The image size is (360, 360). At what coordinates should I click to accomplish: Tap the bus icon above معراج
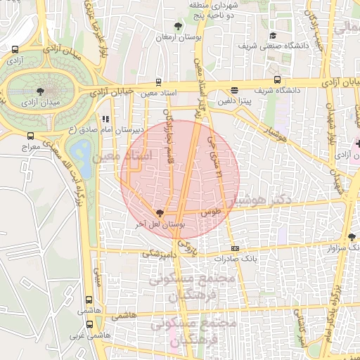30,136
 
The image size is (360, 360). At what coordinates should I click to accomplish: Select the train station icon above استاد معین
158,81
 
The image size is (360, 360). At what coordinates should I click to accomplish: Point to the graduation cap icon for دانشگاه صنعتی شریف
273,36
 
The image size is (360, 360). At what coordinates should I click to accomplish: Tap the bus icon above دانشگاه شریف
278,79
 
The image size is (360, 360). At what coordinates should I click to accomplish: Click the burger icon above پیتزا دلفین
234,90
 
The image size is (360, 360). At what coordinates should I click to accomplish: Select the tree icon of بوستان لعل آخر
160,213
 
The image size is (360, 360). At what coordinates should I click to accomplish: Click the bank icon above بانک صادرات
235,247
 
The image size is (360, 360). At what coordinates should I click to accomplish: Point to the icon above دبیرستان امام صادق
105,119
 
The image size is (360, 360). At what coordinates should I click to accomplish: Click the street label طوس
211,211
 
